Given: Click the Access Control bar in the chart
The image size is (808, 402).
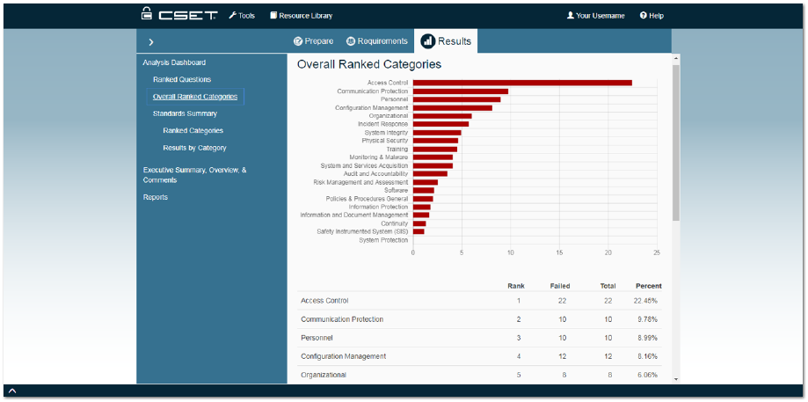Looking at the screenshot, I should [522, 83].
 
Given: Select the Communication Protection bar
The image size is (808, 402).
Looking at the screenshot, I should [461, 91].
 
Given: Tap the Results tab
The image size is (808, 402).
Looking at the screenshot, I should [447, 41].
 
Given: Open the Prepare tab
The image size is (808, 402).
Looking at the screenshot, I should [313, 41].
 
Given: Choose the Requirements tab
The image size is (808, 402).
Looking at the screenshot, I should [377, 41].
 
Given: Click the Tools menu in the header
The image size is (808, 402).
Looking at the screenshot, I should [242, 16].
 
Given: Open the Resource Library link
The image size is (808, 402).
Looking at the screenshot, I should [301, 16].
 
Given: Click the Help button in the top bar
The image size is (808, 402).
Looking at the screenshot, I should [651, 16].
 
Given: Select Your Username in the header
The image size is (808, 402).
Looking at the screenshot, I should [595, 16].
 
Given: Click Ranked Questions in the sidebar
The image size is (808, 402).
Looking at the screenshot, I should [182, 80].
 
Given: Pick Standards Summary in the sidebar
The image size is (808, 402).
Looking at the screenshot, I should [185, 113].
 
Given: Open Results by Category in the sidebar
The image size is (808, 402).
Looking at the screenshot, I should [194, 148].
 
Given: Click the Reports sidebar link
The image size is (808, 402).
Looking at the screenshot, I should [156, 197].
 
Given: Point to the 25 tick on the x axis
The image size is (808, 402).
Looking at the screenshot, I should [657, 252].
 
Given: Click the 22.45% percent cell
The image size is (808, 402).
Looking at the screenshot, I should [645, 301].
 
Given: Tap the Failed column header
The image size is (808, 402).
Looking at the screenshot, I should [560, 286].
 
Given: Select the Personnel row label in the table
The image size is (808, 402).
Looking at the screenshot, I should [317, 338].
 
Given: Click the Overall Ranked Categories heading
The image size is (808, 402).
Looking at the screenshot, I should [369, 64].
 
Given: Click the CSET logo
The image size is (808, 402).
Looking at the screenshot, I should [178, 15].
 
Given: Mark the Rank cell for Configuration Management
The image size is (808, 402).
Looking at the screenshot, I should [519, 356].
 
